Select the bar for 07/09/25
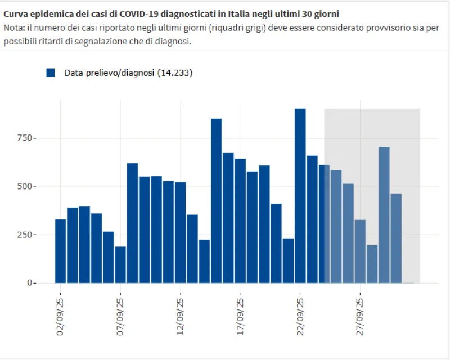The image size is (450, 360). coord(120,264)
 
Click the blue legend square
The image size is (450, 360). coord(51,73)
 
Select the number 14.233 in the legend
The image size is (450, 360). coord(175,73)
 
